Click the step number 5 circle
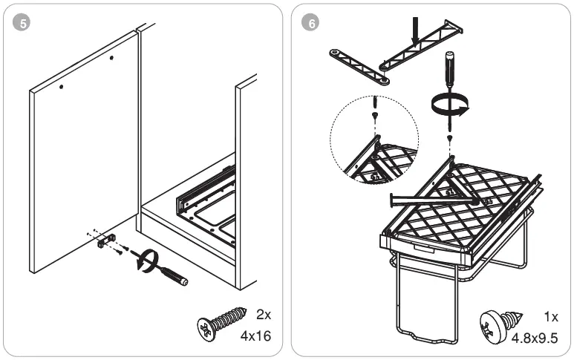point(25,23)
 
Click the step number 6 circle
point(310,23)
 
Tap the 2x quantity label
point(263,314)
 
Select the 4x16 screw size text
point(255,336)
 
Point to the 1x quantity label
point(550,317)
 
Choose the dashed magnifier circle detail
point(374,140)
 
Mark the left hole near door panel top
point(62,87)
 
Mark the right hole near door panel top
point(111,58)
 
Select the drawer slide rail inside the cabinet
point(204,192)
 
